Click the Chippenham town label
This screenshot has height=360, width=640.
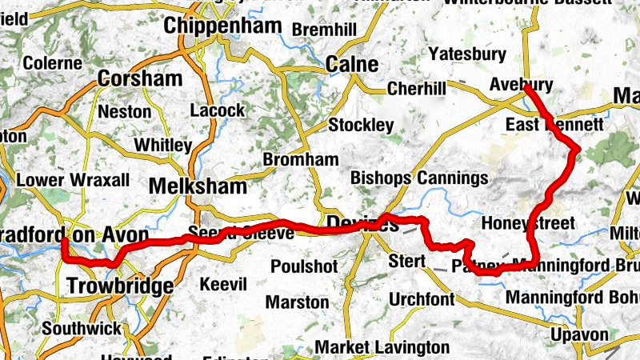pos(222,26)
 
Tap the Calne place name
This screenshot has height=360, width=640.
pos(352,63)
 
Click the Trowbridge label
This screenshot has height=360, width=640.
pos(120,286)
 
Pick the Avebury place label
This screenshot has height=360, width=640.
pos(521,85)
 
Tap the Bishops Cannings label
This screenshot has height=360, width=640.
pos(419,178)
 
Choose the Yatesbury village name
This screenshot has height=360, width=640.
pos(468,54)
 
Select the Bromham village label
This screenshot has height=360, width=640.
pos(301,159)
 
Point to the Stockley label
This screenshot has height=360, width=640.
pos(362,126)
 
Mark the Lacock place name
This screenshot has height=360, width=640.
pos(218,110)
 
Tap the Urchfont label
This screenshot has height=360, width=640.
pos(422,299)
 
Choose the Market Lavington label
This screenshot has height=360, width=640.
pos(382,346)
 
